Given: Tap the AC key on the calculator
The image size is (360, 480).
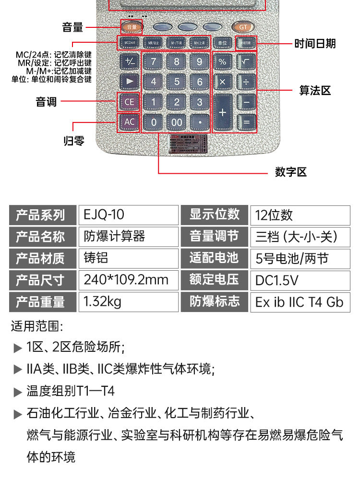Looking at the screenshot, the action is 130,122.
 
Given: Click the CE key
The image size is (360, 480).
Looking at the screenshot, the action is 130,102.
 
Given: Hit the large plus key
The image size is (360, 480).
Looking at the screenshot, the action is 223,112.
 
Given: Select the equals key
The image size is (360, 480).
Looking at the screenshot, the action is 246,122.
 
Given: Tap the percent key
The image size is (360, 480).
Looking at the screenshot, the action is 223,61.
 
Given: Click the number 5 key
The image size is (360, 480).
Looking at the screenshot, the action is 177,82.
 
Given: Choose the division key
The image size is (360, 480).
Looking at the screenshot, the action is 246,82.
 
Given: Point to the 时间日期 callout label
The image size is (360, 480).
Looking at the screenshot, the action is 315,44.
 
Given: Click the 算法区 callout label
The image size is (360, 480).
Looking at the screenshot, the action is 315,90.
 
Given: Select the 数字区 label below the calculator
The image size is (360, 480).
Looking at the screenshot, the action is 290,172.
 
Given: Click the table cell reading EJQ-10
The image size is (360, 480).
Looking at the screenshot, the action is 127,215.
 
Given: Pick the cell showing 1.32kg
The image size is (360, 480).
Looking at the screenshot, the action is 127,302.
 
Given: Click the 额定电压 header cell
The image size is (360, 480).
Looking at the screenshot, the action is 214,279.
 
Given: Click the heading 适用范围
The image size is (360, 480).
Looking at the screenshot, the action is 36,327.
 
